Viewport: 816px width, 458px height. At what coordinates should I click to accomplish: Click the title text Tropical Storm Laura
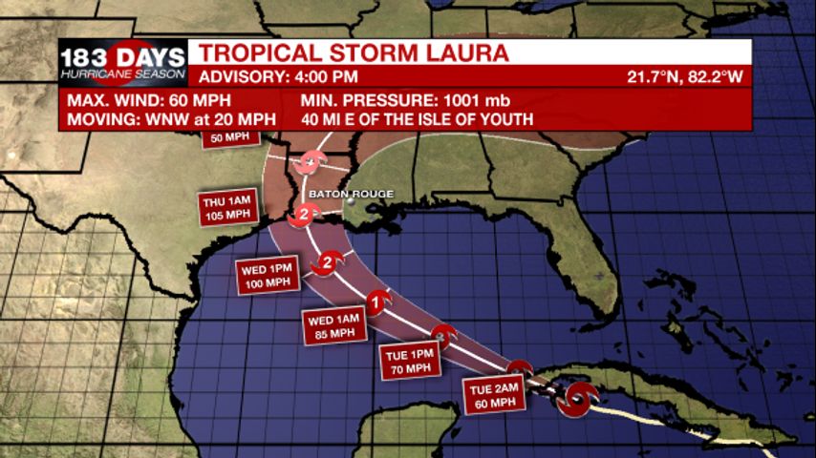354,52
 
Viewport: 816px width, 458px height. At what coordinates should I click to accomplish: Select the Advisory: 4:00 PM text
278,76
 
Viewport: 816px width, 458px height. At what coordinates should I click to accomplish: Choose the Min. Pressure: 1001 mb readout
406,100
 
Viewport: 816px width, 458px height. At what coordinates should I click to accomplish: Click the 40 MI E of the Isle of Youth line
417,119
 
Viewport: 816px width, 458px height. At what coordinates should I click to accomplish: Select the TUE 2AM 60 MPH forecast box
494,394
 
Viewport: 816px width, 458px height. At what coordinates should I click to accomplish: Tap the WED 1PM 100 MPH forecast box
268,275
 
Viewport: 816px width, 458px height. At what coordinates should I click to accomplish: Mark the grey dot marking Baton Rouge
351,201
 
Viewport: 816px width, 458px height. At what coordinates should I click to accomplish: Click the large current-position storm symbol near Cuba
577,399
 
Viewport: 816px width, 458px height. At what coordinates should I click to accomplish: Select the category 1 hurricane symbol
377,302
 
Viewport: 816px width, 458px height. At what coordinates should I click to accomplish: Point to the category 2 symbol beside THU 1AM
305,215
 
